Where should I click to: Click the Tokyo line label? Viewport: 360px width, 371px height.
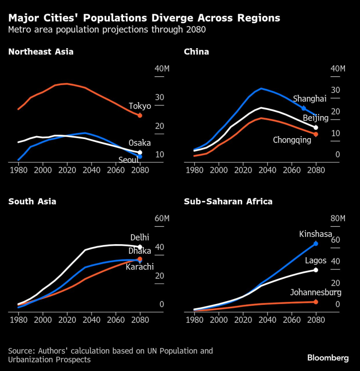coord(140,106)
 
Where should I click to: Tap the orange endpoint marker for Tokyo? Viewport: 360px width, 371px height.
coord(140,116)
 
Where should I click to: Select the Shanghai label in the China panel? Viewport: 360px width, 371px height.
coord(309,99)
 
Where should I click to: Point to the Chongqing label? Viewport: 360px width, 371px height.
coord(292,140)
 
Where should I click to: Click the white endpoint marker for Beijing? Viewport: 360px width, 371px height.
coord(316,127)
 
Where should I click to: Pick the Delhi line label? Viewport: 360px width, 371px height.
coord(140,238)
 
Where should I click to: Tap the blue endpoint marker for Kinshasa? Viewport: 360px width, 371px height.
coord(316,244)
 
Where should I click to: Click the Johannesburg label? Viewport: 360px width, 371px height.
coord(315,292)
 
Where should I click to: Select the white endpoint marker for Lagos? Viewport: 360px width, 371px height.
coord(316,270)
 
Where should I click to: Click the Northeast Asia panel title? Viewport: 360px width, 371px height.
coord(41,52)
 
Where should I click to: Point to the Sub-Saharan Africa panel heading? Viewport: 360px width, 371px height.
coord(228,201)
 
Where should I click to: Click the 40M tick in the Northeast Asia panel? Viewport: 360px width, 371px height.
coord(162,69)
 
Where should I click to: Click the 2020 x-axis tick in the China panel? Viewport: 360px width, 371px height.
coord(243,170)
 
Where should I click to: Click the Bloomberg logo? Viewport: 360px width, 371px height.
coord(328,357)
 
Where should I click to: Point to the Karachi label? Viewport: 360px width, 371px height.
coord(140,266)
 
